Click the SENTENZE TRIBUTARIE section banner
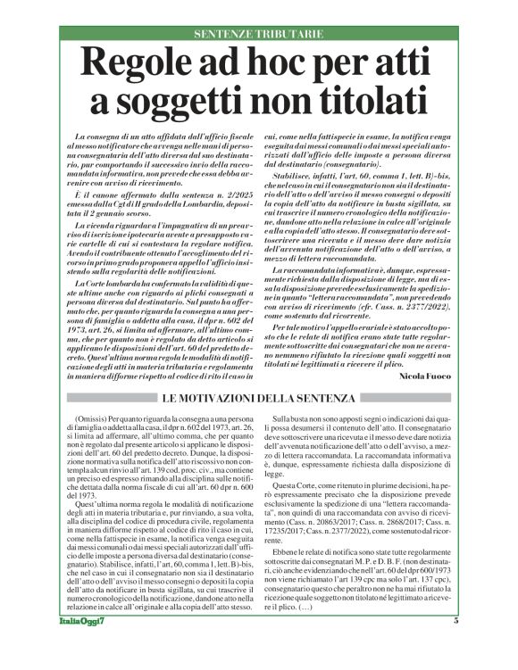pyautogui.click(x=259, y=34)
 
